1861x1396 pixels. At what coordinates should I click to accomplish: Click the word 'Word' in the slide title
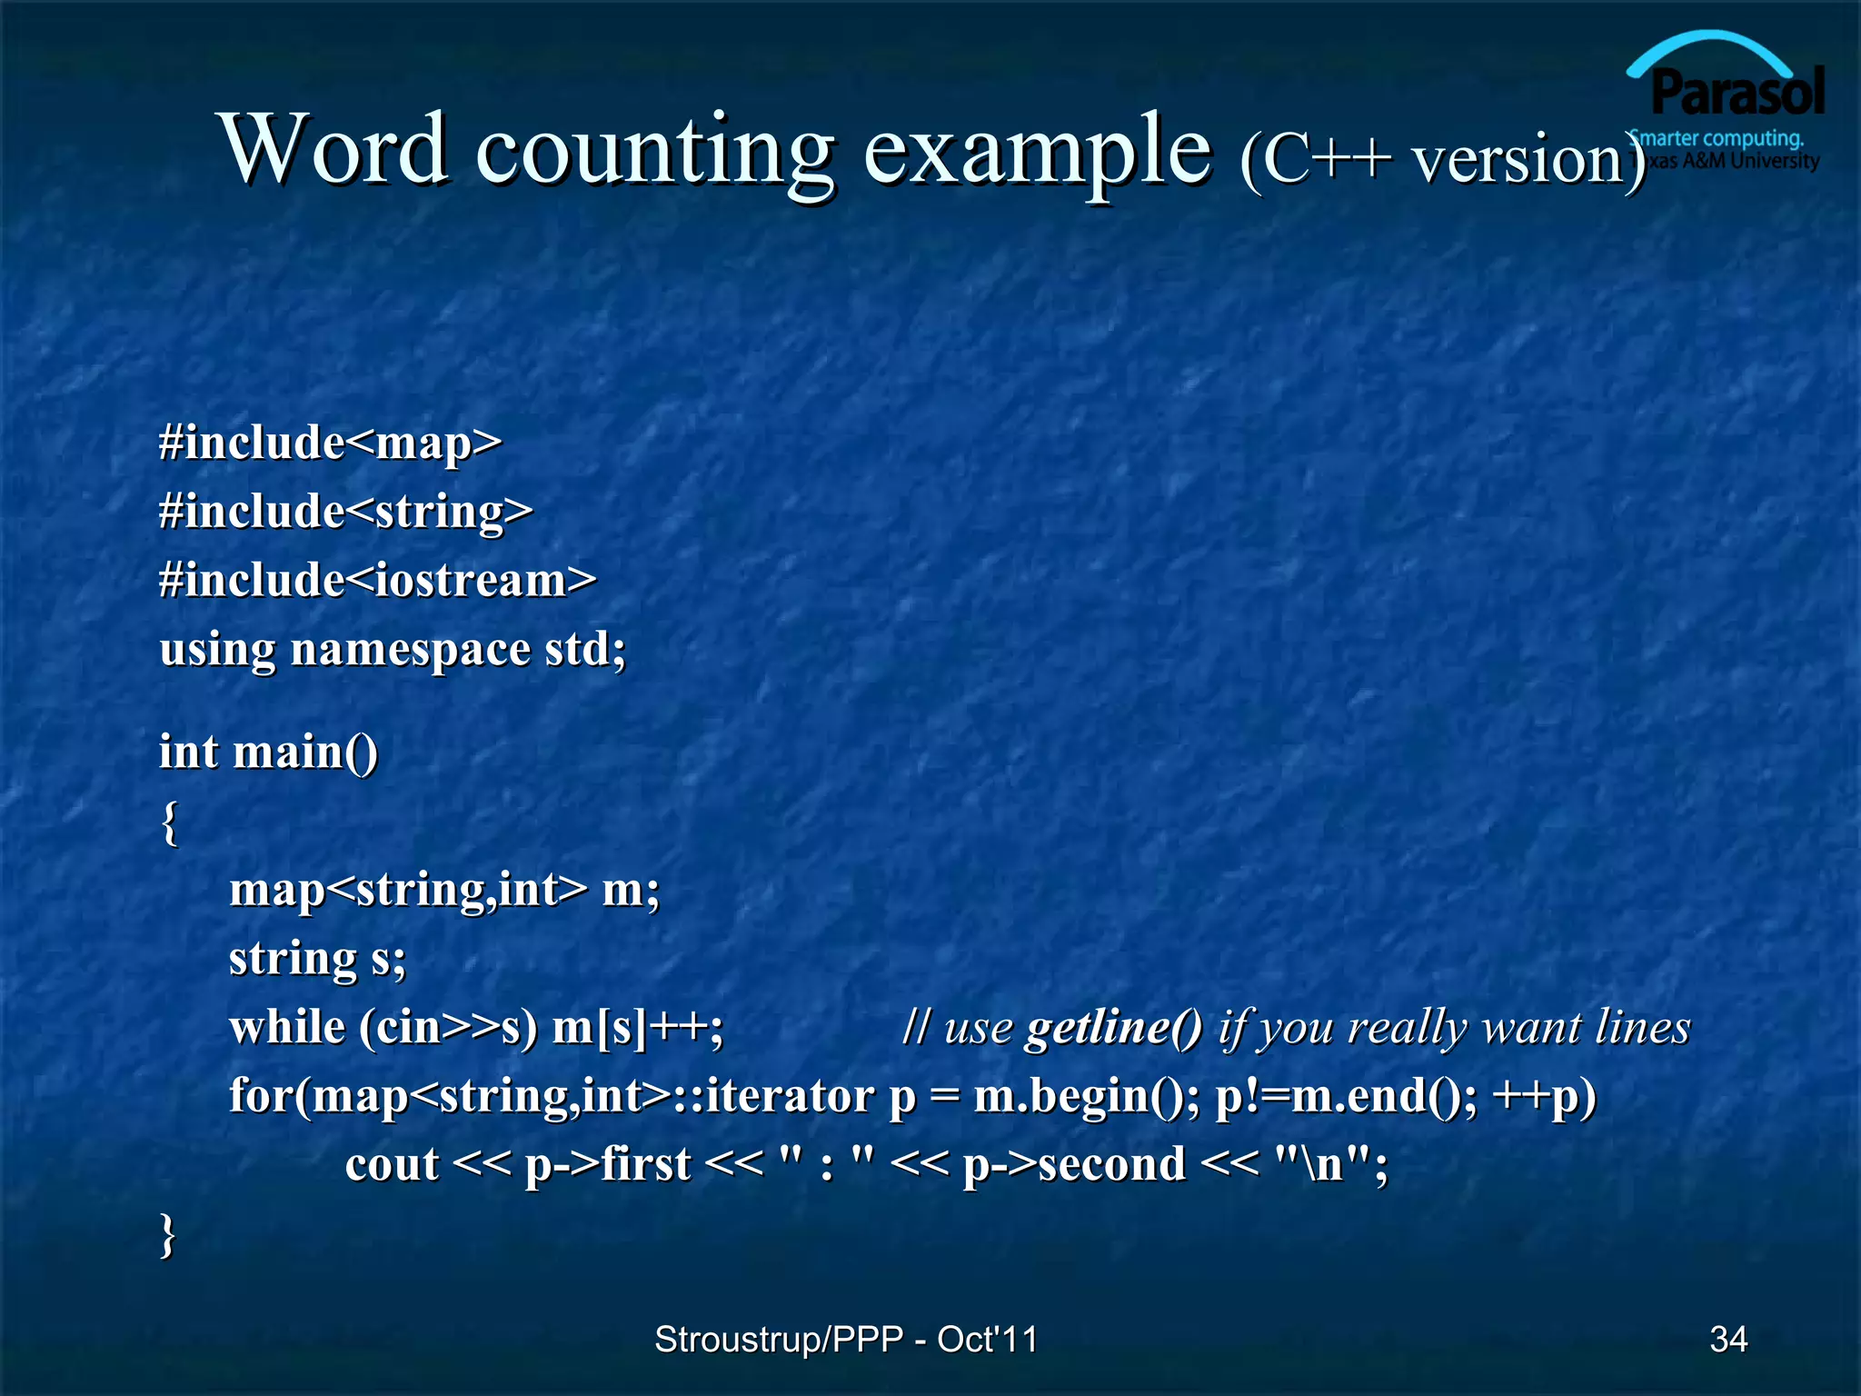point(333,148)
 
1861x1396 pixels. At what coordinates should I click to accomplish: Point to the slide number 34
point(1727,1339)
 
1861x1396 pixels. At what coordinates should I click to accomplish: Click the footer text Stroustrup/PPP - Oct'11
point(845,1339)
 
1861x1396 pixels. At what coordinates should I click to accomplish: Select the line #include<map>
point(330,443)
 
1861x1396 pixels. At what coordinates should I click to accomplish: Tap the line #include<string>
point(345,511)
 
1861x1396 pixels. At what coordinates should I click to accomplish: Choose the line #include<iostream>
point(377,580)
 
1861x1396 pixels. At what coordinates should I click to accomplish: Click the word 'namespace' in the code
point(410,650)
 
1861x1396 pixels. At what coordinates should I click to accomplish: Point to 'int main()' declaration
point(268,753)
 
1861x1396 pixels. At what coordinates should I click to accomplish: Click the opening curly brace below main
point(170,823)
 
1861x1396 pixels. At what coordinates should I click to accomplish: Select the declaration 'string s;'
point(317,959)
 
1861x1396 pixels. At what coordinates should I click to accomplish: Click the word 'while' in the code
point(287,1027)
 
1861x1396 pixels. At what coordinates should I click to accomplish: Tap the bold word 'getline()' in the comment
point(1113,1028)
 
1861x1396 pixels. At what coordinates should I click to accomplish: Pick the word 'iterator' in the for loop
point(789,1095)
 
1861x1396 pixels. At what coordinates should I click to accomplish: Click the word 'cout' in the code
point(392,1164)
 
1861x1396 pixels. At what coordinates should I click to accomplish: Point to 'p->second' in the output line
point(1074,1165)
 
